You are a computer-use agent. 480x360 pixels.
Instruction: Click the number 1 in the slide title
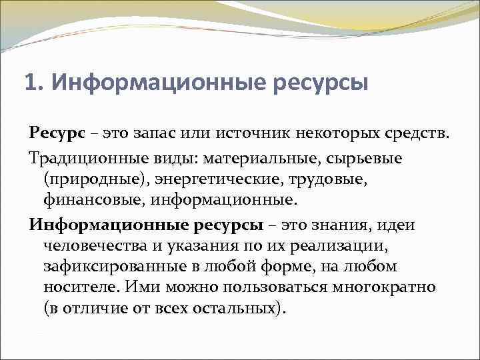click(x=29, y=84)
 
